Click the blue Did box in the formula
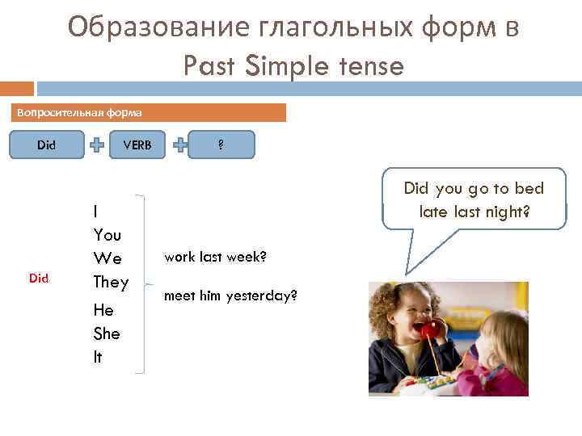click(47, 145)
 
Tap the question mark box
click(221, 145)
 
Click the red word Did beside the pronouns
click(39, 279)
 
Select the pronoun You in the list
click(107, 235)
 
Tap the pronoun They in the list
click(111, 282)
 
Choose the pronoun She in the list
click(107, 333)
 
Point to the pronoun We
click(107, 258)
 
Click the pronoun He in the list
click(103, 311)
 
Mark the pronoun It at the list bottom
click(98, 357)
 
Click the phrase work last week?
click(215, 257)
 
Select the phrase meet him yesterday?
click(230, 296)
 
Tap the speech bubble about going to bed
click(474, 200)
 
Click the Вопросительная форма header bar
click(149, 112)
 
